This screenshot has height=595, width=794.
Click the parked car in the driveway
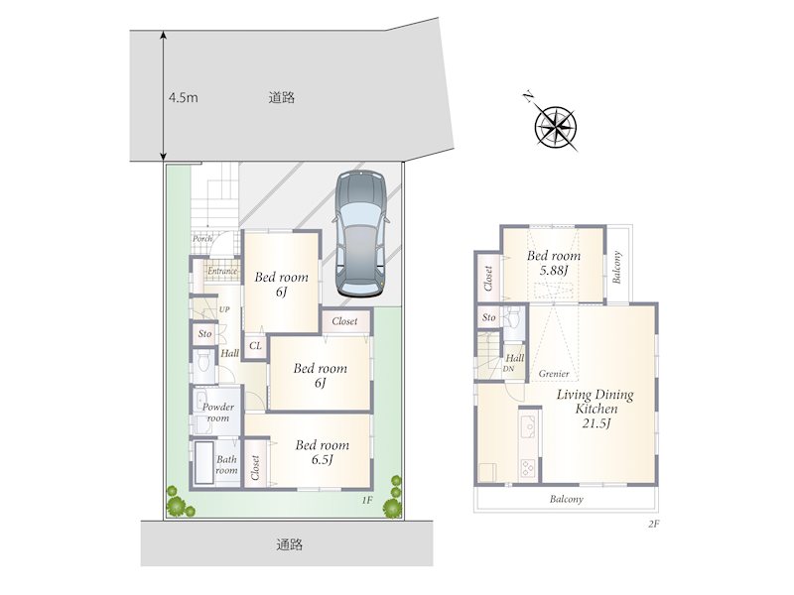[x=359, y=233]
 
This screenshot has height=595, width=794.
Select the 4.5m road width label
[x=184, y=97]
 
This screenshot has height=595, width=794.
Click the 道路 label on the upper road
[x=282, y=97]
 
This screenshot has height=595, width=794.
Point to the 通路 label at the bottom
[x=290, y=544]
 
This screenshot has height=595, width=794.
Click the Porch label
[x=202, y=238]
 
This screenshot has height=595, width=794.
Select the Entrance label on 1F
[x=222, y=271]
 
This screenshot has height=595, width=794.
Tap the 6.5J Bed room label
[x=323, y=452]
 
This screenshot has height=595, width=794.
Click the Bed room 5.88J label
[x=554, y=263]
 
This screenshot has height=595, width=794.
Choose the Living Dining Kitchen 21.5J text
[x=595, y=409]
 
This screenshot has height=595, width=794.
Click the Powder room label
[x=218, y=413]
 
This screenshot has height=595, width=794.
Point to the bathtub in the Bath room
[x=204, y=463]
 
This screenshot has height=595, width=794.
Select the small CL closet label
[x=256, y=346]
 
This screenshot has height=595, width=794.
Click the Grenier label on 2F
[x=554, y=374]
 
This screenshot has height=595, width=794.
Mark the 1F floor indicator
[x=367, y=501]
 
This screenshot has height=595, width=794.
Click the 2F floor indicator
[x=653, y=525]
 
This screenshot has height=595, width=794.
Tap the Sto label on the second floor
[x=488, y=317]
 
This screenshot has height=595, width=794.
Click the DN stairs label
[x=508, y=369]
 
